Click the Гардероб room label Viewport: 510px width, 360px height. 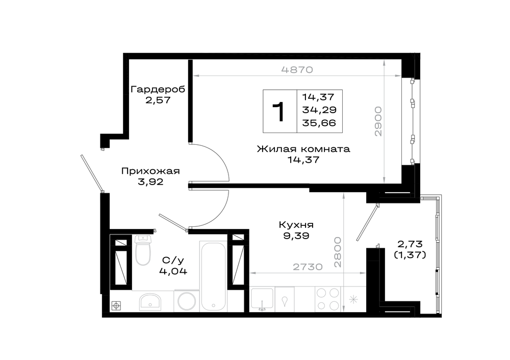(158, 89)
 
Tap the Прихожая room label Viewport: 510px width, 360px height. (150, 171)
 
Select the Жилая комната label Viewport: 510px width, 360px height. (303, 149)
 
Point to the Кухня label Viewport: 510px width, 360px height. (296, 225)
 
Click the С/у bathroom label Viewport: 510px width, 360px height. (173, 260)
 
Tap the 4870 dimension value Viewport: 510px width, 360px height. (297, 69)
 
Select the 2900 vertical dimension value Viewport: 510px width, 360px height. (377, 121)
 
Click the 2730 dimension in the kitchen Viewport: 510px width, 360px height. (308, 267)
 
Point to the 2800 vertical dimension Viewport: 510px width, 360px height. (338, 252)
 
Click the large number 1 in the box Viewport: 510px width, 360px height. (279, 112)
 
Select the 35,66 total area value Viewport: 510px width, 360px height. (319, 123)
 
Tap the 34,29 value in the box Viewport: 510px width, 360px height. (319, 110)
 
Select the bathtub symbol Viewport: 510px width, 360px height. (213, 276)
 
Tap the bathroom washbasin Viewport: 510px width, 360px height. (150, 301)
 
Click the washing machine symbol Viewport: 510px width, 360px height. (186, 300)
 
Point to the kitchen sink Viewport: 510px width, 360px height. (262, 298)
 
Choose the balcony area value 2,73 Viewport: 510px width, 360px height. (410, 244)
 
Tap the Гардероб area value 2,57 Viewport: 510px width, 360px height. (158, 100)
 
